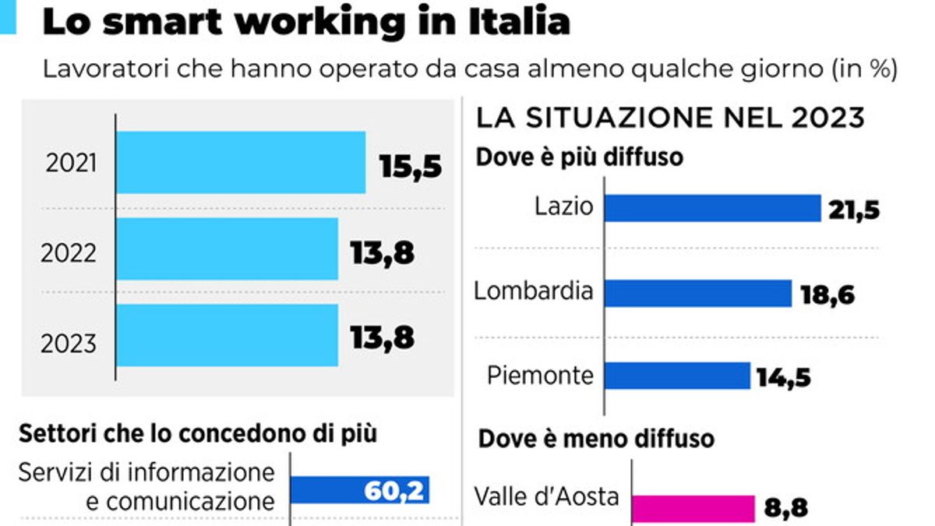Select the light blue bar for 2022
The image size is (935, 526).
227,249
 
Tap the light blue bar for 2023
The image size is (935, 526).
227,335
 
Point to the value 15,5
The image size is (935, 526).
411,166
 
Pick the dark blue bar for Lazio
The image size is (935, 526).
713,208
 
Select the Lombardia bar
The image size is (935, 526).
698,293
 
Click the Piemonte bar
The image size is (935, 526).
677,376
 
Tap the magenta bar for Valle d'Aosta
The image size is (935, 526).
692,508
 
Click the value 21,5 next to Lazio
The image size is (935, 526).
855,210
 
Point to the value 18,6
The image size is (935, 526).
827,295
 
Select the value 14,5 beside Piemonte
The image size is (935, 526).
783,378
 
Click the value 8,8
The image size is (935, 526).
785,510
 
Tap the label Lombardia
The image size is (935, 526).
534,291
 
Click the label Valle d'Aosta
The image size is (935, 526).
546,496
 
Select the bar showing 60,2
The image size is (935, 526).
360,489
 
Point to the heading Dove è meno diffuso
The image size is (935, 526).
596,439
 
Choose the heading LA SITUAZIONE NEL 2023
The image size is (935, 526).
670,118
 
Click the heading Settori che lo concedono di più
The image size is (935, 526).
199,434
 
